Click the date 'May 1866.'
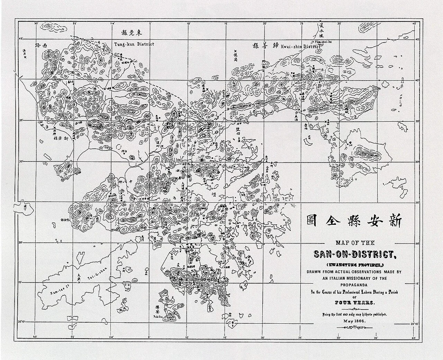(x=354, y=321)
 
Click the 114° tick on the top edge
(x=111, y=23)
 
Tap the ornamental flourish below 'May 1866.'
(x=354, y=327)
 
